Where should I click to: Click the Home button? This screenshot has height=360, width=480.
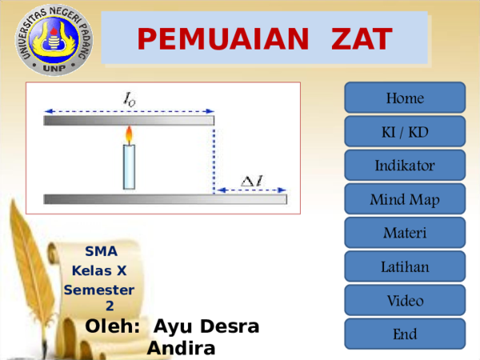(x=405, y=98)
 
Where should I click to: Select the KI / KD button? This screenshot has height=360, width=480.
(x=405, y=131)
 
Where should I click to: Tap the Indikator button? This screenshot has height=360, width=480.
(x=405, y=165)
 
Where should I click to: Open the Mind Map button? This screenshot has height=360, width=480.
(x=405, y=198)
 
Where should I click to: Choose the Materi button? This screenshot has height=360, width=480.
(x=405, y=232)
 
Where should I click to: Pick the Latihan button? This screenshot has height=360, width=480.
(x=405, y=266)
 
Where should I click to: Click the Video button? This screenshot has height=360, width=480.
(x=405, y=300)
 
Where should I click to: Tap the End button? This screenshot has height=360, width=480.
(x=405, y=334)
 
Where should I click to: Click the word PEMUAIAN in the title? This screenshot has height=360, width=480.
(x=223, y=39)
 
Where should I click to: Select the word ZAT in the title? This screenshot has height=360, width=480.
(x=362, y=39)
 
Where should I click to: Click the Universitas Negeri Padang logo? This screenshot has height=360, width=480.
(x=54, y=40)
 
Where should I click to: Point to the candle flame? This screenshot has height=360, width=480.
(x=129, y=134)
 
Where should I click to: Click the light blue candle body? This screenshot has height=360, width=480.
(x=129, y=167)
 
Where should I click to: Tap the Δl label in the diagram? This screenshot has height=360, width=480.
(x=252, y=181)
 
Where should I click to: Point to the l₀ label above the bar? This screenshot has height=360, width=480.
(x=130, y=99)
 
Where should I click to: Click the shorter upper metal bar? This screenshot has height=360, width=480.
(x=129, y=120)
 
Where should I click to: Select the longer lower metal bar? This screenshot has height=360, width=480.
(x=166, y=199)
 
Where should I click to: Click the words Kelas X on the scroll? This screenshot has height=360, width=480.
(x=99, y=270)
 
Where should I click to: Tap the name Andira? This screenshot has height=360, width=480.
(x=182, y=348)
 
